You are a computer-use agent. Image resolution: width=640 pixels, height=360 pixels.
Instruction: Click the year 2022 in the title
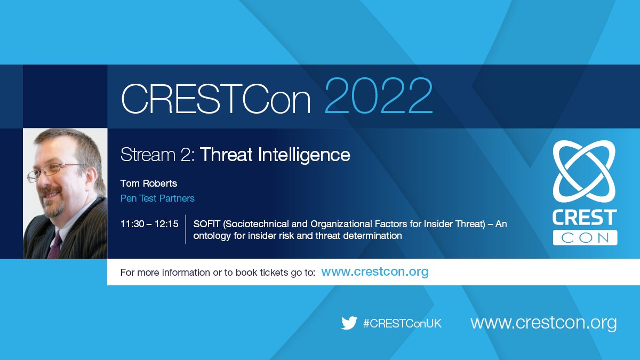click(x=379, y=96)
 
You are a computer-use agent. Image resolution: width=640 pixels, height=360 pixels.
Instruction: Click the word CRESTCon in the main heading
click(x=216, y=99)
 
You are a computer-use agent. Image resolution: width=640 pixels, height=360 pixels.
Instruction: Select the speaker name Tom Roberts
click(x=149, y=183)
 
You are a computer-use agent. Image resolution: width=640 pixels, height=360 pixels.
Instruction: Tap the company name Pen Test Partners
click(x=157, y=198)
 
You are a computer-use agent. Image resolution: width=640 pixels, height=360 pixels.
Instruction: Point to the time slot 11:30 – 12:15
click(x=149, y=224)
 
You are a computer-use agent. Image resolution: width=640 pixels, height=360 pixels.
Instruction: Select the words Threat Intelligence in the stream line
click(x=275, y=155)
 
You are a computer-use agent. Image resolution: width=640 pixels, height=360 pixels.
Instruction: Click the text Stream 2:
click(x=158, y=155)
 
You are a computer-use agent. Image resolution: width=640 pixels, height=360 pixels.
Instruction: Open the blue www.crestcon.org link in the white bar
click(x=375, y=271)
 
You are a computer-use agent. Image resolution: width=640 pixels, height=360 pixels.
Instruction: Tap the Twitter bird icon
click(x=349, y=323)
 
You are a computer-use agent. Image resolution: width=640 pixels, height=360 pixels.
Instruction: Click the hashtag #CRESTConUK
click(x=402, y=324)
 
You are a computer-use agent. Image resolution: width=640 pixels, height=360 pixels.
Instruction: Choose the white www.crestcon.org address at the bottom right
click(x=543, y=323)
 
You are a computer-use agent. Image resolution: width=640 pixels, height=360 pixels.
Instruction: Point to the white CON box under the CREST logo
click(x=585, y=238)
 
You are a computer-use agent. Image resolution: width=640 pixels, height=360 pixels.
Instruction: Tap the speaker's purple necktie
click(x=55, y=246)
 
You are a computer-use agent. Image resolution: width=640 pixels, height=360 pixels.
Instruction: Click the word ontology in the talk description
click(x=211, y=236)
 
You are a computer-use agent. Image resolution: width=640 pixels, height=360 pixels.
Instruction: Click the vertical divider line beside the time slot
click(x=186, y=229)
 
